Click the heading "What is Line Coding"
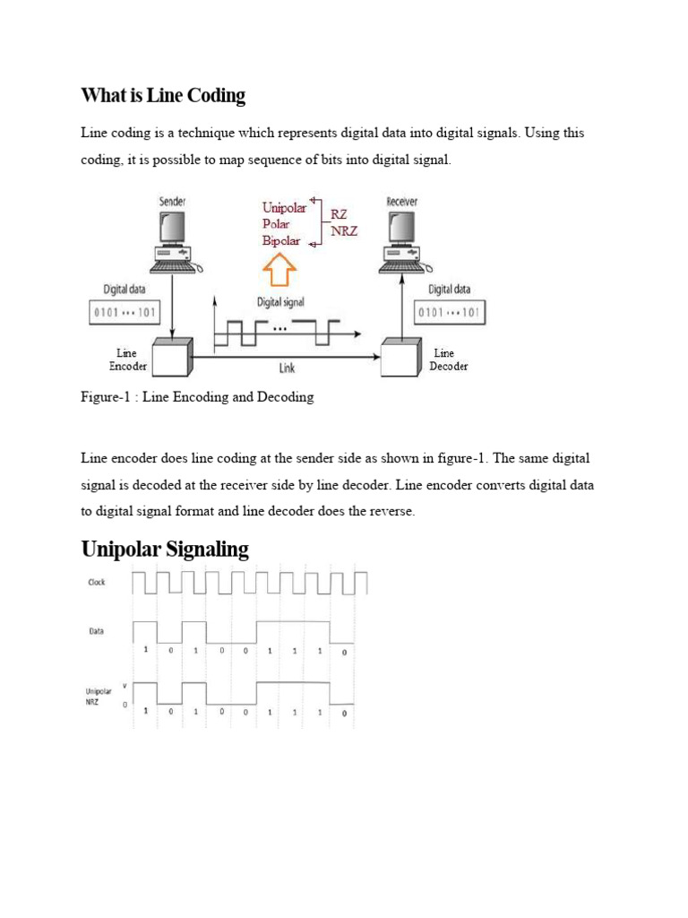click(x=163, y=95)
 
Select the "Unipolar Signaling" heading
click(x=165, y=549)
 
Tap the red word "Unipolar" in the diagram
click(x=284, y=208)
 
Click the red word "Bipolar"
click(x=280, y=240)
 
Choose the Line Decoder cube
click(x=401, y=358)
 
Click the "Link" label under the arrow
click(x=286, y=368)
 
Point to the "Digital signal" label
click(x=281, y=303)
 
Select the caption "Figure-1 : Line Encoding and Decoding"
click(x=197, y=397)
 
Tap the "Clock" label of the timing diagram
click(x=97, y=583)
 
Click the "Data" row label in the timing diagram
click(x=96, y=631)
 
